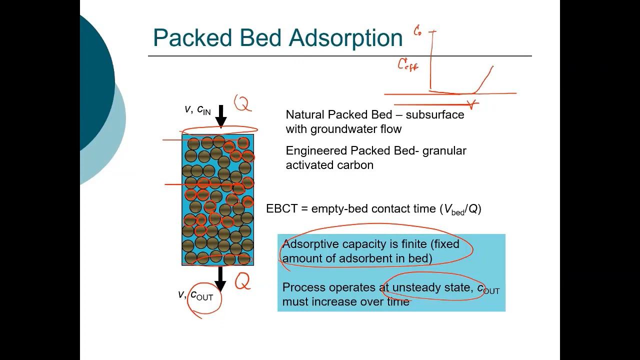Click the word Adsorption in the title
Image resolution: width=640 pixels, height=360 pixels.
tap(345, 38)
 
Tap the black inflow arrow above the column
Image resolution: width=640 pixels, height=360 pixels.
tap(221, 116)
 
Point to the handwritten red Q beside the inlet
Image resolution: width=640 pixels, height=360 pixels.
tap(242, 103)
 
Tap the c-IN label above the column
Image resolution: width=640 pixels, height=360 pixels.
tap(203, 110)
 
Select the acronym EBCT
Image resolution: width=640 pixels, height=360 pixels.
tap(282, 209)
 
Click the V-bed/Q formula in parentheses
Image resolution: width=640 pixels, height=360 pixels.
tap(460, 209)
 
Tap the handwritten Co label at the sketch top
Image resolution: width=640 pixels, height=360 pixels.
tap(417, 31)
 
